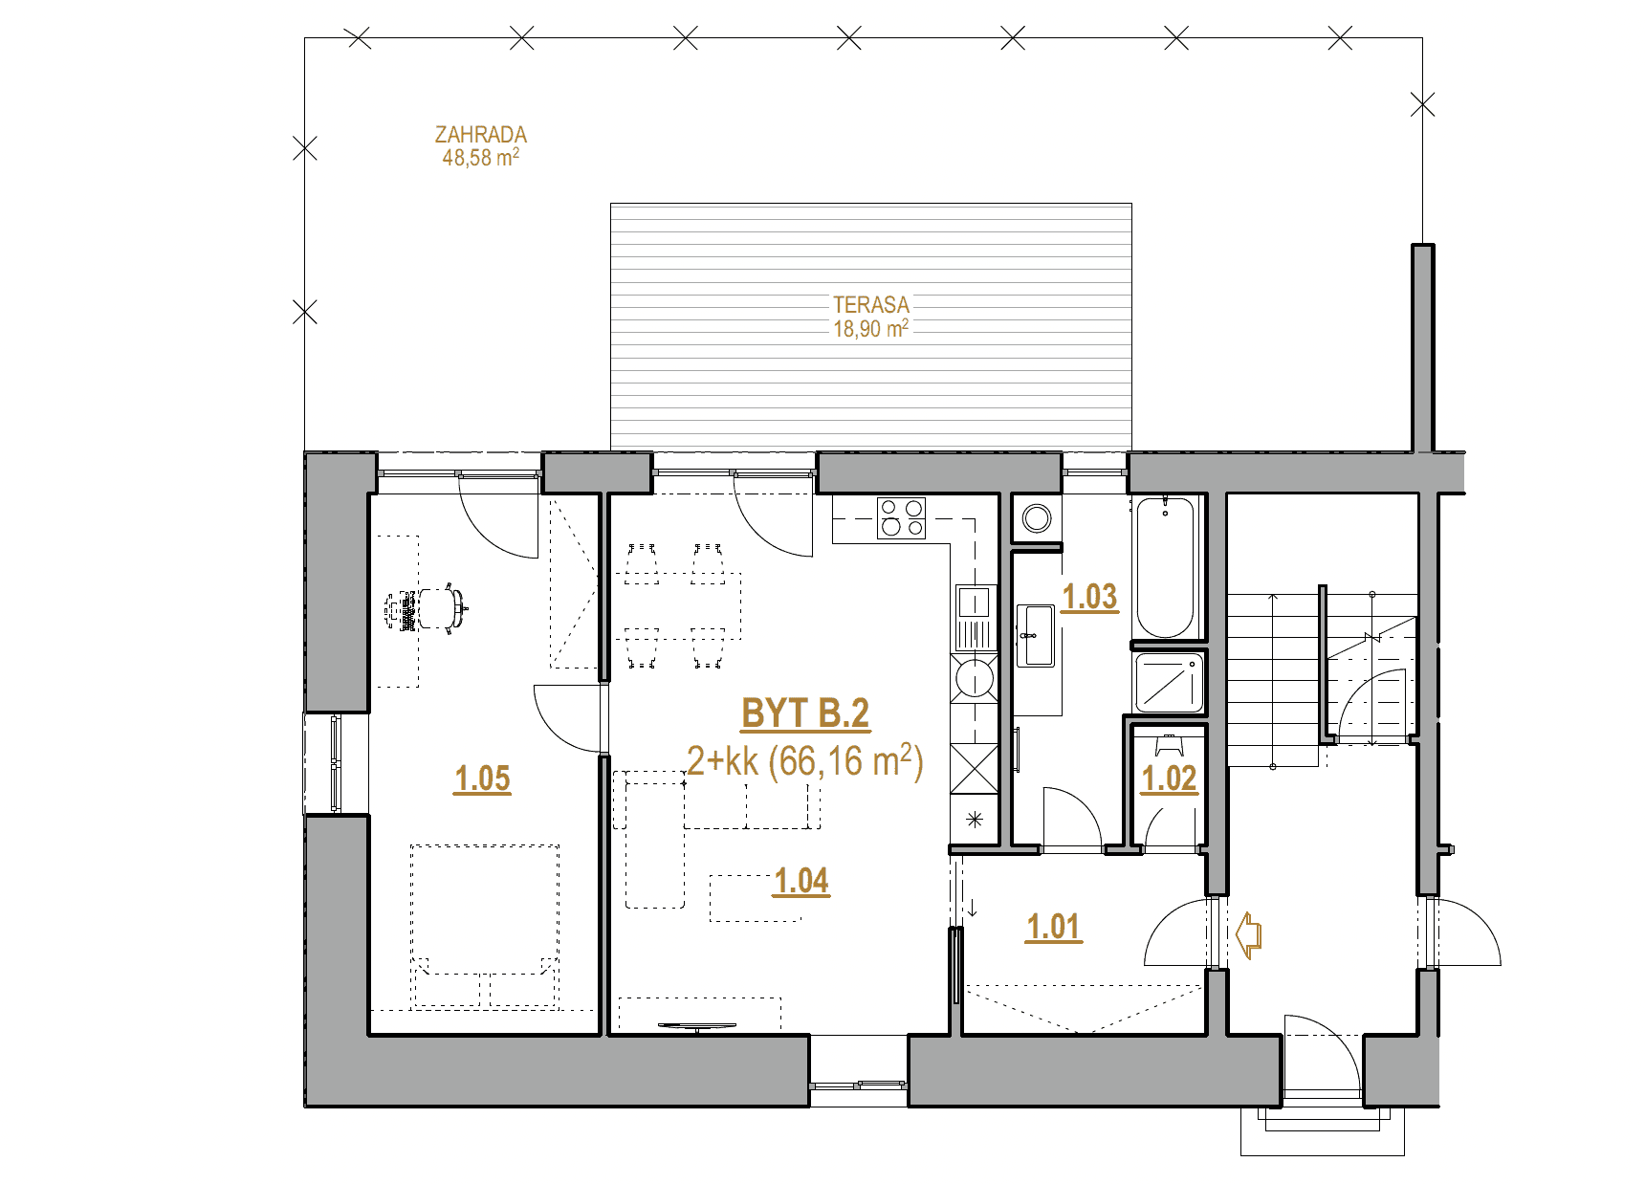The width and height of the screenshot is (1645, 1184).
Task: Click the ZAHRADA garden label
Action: coord(481,135)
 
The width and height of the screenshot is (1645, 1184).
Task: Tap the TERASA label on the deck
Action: coord(870,305)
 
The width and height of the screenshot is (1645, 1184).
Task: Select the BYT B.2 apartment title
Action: coord(805,713)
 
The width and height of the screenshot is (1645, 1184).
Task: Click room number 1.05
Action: coord(483,779)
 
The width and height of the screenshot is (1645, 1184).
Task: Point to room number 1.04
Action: coord(801,881)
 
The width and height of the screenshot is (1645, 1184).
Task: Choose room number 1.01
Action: coord(1053,927)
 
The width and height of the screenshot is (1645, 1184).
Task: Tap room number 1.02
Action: coord(1169,778)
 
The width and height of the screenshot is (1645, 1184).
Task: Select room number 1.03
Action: coord(1090,597)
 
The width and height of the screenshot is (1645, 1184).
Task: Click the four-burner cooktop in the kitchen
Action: coord(902,517)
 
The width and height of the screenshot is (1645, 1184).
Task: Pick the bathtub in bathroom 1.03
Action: coord(1164,566)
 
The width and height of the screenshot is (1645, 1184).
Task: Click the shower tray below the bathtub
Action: coord(1167,681)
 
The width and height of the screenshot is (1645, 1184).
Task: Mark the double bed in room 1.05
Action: coord(485,925)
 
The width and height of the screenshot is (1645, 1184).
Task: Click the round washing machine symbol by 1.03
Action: coord(1037,519)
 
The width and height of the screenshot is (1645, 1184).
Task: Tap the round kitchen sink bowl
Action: coord(975,680)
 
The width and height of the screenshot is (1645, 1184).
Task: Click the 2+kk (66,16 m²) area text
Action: coord(805,762)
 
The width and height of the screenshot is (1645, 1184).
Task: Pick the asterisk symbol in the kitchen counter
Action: coord(975,819)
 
